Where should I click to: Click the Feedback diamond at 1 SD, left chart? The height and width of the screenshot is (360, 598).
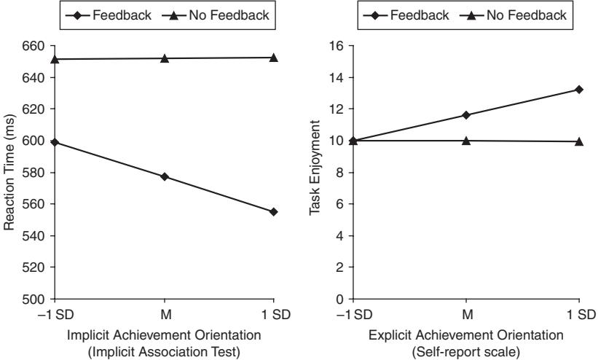(x=273, y=211)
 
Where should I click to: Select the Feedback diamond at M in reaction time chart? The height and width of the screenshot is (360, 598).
(x=164, y=176)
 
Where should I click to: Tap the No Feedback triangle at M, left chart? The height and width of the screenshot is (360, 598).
(x=164, y=58)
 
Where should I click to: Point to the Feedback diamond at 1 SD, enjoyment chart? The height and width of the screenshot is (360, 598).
(x=579, y=89)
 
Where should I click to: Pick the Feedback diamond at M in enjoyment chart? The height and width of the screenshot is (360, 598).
(x=466, y=115)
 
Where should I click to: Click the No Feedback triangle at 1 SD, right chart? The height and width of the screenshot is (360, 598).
(x=579, y=141)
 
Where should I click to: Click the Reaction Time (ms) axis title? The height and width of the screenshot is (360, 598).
(x=10, y=173)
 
